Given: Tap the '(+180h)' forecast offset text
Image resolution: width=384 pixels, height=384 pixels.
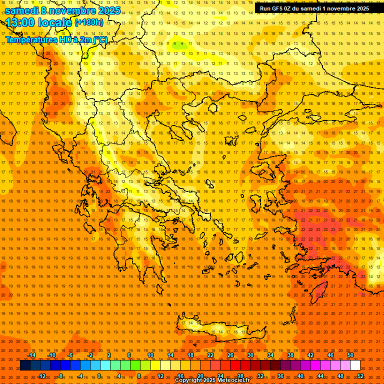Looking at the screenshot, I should tap(89, 22).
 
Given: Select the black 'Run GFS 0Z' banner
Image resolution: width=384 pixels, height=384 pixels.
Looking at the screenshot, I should tap(314, 8).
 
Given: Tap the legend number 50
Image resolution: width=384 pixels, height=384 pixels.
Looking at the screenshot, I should tap(350, 355).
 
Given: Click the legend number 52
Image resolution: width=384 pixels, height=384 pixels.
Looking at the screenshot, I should tap(360, 375).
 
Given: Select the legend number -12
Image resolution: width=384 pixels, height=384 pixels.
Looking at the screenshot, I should tap(41, 375).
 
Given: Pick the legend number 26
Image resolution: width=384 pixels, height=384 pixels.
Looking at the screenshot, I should tap(230, 355).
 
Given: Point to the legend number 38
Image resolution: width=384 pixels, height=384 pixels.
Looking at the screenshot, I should tap(290, 355).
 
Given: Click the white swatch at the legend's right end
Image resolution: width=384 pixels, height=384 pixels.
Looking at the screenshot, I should tap(355, 365).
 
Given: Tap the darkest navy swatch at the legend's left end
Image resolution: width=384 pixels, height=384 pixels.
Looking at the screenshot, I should tap(25, 365).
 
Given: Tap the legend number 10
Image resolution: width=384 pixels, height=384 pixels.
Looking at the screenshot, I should tap(150, 355).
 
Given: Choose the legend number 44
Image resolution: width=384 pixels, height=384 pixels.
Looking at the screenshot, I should tap(320, 375).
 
